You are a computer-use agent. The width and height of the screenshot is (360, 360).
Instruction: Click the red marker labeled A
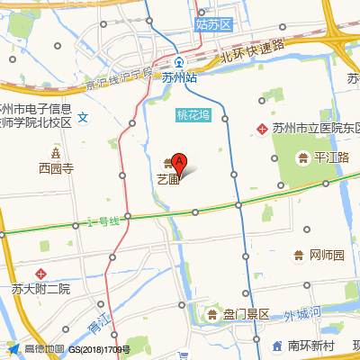[179, 164]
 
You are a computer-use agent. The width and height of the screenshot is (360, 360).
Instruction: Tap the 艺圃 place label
[167, 178]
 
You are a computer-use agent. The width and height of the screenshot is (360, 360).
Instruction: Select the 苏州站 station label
[179, 78]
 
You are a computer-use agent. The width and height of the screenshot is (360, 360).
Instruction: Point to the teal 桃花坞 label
[193, 114]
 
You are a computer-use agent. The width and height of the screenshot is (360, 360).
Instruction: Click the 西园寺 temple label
[56, 166]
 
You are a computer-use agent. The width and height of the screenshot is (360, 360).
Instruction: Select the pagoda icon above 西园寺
[56, 150]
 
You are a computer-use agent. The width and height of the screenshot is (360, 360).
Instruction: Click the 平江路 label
[328, 158]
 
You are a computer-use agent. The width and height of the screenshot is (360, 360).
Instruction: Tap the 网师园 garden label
[327, 255]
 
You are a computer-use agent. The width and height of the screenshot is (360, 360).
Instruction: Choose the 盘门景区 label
[246, 314]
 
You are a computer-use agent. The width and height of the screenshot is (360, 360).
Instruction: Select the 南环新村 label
[310, 346]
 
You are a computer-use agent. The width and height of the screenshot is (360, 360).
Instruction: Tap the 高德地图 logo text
[44, 348]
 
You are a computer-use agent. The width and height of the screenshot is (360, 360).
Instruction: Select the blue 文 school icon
[82, 116]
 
